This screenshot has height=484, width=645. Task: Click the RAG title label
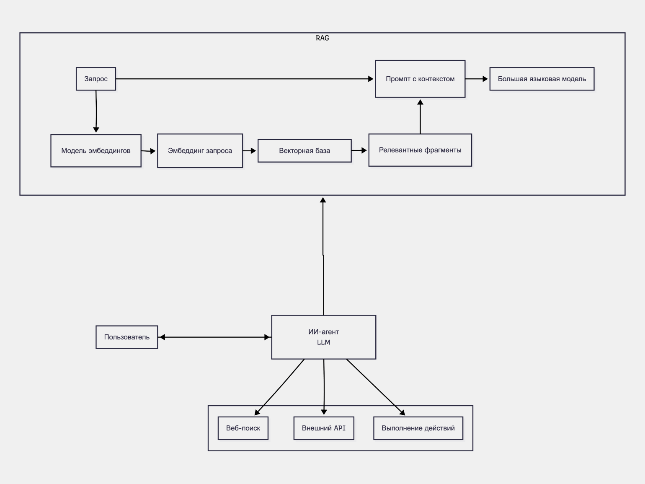point(322,38)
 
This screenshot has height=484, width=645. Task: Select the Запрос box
point(96,79)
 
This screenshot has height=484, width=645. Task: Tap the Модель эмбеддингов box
point(96,151)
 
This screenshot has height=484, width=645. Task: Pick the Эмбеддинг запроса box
point(200,151)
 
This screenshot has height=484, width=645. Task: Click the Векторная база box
point(304,151)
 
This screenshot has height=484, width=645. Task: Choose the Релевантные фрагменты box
point(420,150)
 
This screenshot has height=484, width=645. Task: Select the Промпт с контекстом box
point(420,79)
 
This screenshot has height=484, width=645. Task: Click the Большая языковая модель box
point(542,79)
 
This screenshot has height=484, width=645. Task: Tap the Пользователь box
point(126,337)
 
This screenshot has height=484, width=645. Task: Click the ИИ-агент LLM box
point(323,337)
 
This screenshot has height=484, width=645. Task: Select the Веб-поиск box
point(243,428)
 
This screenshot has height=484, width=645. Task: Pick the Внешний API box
point(324,428)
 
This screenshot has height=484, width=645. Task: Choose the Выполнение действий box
point(418,428)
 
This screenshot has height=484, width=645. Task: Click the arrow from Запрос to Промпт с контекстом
point(245,79)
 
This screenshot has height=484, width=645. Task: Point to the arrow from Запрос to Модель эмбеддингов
point(96,111)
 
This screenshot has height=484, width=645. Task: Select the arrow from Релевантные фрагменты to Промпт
point(420,116)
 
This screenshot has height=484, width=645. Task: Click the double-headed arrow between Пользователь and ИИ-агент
point(215,337)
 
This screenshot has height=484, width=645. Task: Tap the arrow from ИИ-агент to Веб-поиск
point(279,387)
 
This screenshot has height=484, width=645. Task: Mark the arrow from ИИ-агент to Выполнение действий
point(376,387)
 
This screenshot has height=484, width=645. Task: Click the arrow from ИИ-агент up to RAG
point(323,256)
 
